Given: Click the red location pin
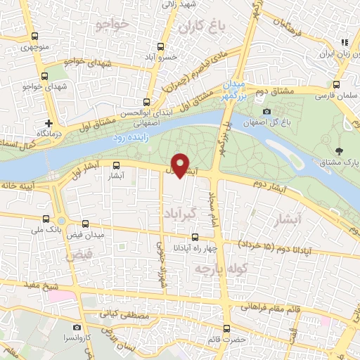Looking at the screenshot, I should tap(181, 165).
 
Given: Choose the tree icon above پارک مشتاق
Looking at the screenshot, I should tap(340, 150).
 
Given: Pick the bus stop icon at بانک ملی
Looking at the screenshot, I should tap(46, 219).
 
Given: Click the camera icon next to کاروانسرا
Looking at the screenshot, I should tap(77, 328).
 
